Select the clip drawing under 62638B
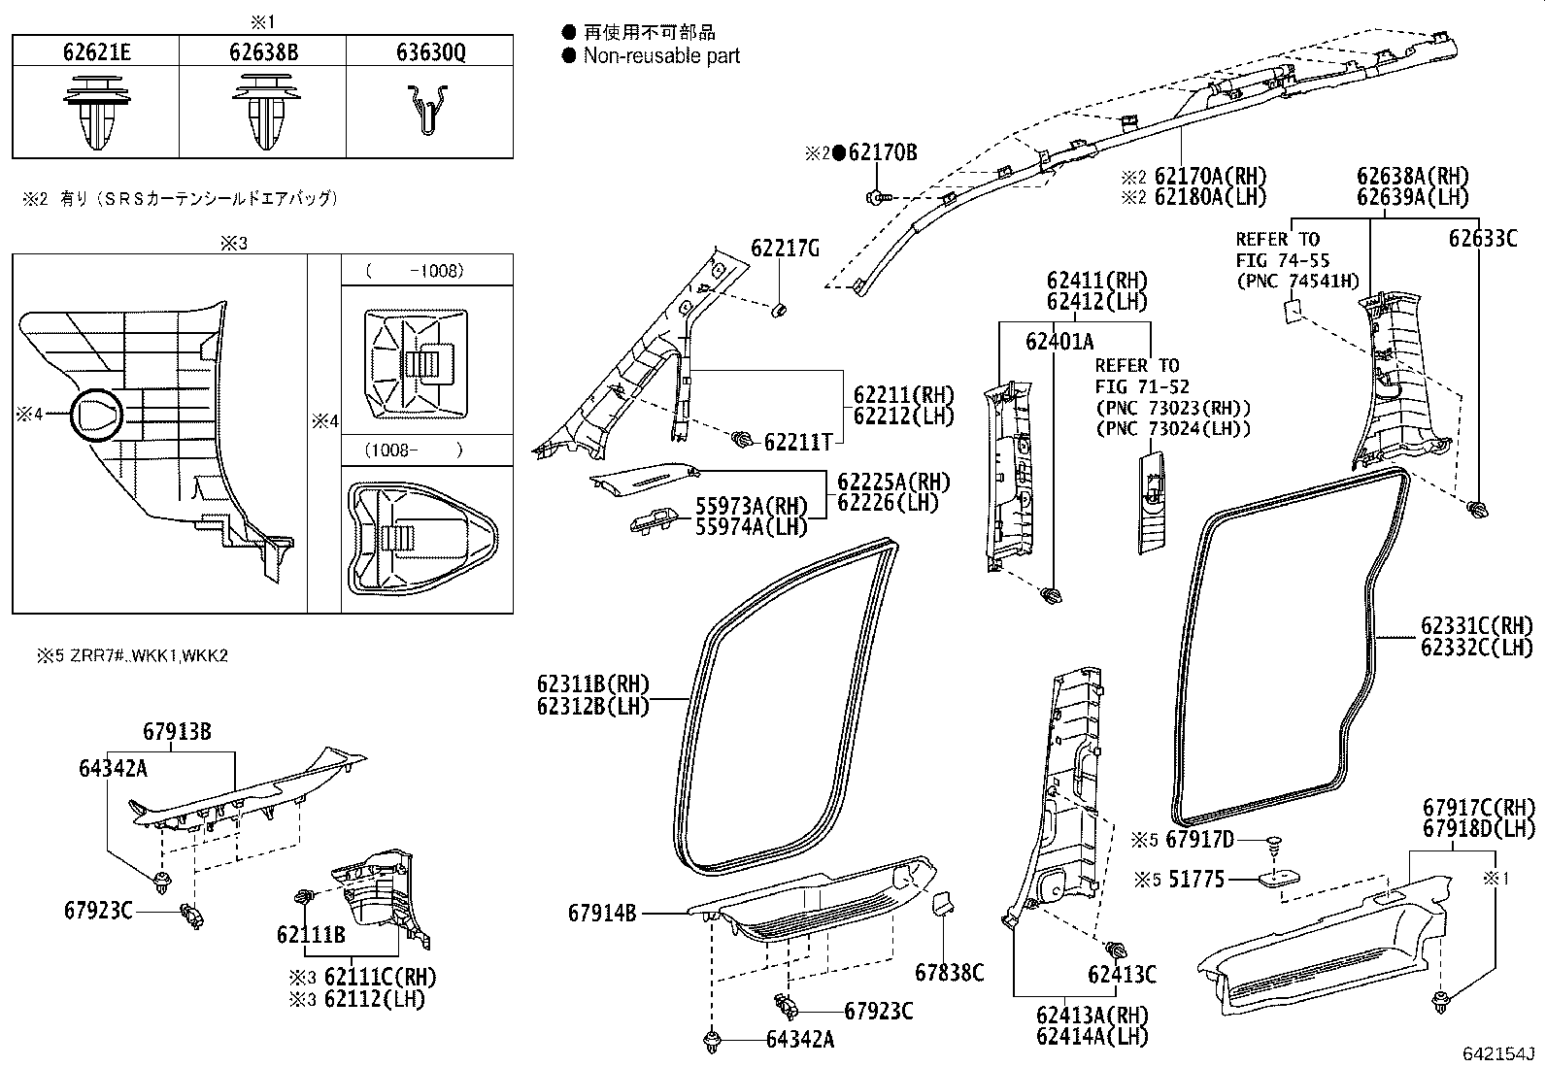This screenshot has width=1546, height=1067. point(262,114)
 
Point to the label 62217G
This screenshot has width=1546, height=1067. point(785,250)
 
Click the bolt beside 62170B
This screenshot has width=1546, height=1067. point(876,198)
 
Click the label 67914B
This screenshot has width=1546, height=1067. point(602,914)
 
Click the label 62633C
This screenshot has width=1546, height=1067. point(1482,238)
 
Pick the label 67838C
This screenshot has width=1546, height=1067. point(949,972)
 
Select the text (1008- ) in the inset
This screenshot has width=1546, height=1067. point(414,450)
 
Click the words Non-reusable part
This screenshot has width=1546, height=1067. point(661,56)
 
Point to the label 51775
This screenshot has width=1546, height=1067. point(1195,880)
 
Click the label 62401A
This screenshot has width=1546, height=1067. point(1059,341)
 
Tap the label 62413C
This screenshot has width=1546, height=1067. point(1122,975)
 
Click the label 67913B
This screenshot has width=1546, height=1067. point(177,732)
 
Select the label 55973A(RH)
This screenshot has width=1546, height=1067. point(752,506)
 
